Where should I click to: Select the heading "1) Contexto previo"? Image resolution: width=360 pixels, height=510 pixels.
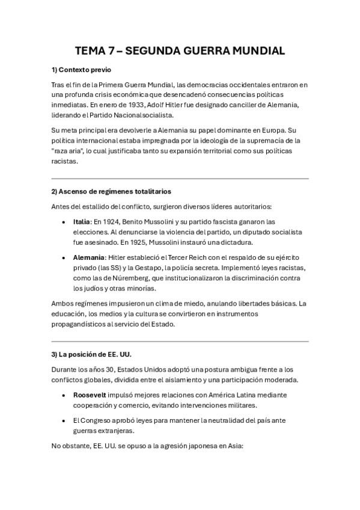pos(81,70)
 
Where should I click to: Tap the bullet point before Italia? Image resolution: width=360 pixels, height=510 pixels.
pos(64,221)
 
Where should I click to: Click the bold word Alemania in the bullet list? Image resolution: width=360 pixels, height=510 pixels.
pos(89,257)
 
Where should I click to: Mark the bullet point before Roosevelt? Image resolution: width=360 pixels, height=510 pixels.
pos(64,395)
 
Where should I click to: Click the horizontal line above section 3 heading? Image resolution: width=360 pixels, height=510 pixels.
pos(180,341)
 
